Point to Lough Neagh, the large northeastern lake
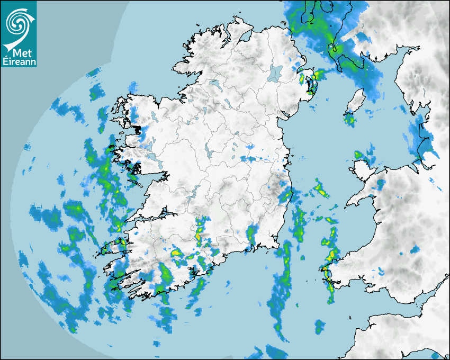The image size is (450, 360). [275, 73]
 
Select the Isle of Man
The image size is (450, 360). [356, 101]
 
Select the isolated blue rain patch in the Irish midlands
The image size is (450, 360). [249, 158]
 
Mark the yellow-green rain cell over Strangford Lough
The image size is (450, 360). [311, 79]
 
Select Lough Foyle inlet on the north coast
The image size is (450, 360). [245, 37]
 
